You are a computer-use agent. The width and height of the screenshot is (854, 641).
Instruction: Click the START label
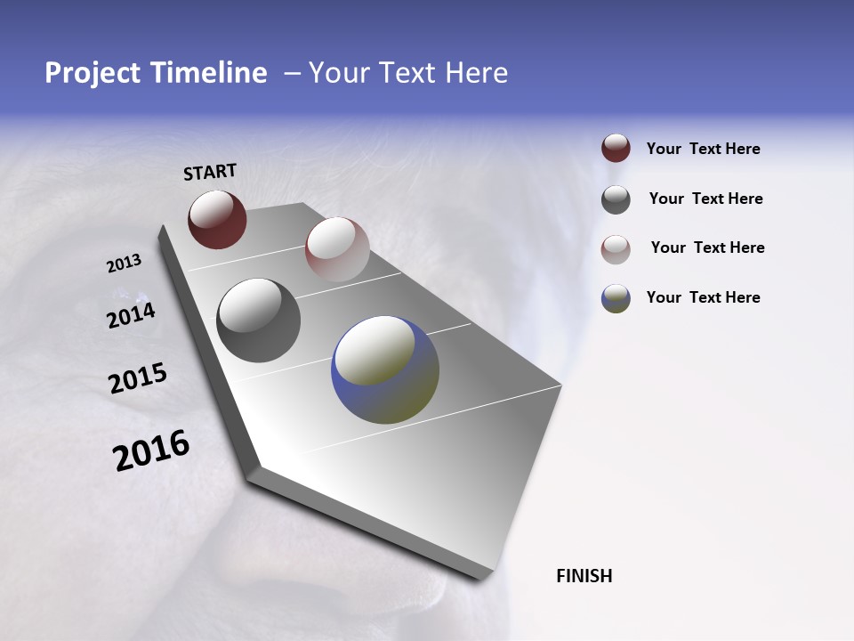pos(210,172)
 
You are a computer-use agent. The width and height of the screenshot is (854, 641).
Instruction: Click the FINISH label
pos(584,576)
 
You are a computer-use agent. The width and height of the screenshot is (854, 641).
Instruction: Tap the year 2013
pos(124,264)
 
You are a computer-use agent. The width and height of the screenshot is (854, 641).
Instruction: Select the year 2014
pos(131,316)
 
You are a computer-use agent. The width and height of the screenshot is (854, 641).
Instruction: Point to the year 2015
pos(137,378)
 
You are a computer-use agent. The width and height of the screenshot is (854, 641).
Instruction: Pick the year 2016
pos(151,450)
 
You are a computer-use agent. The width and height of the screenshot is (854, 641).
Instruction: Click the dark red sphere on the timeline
pos(217,219)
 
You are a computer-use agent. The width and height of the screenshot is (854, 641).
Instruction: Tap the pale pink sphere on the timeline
pos(337,249)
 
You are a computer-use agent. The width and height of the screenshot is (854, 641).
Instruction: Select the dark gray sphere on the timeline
pos(258,320)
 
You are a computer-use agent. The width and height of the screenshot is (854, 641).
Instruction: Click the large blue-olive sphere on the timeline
pos(385,369)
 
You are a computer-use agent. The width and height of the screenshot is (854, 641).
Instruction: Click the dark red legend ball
pos(616,149)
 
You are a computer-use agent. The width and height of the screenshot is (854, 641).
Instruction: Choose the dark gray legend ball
pos(616,199)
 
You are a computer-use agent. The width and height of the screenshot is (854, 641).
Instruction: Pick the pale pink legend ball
pos(616,248)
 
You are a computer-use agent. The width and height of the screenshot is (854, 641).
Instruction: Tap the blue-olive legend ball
pos(616,298)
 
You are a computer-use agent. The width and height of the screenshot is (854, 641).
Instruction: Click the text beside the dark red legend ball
pos(703,149)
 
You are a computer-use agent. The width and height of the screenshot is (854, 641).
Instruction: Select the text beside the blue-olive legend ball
pos(703,297)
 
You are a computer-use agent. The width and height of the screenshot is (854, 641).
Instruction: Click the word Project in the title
pos(93,73)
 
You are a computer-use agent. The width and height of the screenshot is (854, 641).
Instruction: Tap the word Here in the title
pos(476,73)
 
